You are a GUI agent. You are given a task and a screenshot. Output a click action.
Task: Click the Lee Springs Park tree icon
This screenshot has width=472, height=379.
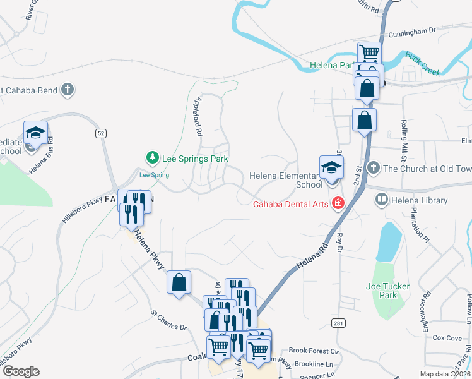[x=151, y=157]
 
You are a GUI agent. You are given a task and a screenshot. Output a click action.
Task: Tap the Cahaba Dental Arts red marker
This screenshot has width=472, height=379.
[x=339, y=203]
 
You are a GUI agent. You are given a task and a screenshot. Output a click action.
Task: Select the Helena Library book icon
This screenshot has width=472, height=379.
[x=381, y=200]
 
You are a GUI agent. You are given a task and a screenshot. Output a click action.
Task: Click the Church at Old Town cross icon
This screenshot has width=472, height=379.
[x=373, y=168]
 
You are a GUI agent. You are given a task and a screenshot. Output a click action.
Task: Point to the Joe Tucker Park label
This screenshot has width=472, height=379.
[x=388, y=291]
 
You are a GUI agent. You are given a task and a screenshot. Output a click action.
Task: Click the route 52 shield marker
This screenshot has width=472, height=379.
[x=100, y=133]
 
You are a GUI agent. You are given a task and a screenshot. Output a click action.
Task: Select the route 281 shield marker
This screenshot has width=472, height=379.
[x=339, y=323]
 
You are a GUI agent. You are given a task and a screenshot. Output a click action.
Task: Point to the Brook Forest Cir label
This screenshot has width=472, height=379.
[x=314, y=351]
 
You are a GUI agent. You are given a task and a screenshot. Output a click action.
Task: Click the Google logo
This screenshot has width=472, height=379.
[x=21, y=371]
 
